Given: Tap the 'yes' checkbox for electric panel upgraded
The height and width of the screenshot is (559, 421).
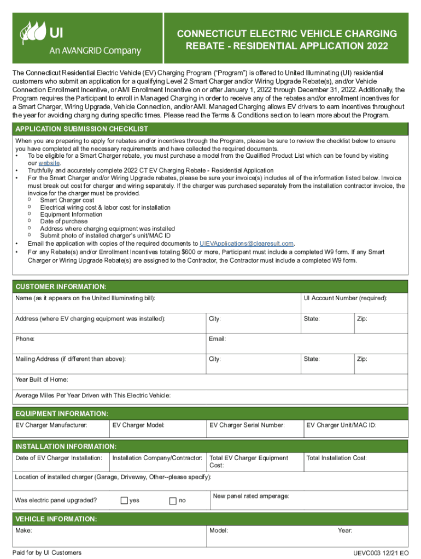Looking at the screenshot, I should pyautogui.click(x=124, y=501).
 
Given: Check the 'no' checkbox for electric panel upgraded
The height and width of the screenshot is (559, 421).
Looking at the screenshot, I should pyautogui.click(x=173, y=501).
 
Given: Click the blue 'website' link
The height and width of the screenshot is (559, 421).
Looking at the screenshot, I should pyautogui.click(x=49, y=163).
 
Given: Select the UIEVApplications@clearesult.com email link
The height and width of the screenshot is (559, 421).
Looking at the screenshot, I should pyautogui.click(x=247, y=243).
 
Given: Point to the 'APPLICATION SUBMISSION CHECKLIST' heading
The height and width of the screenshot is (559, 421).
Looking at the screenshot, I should pyautogui.click(x=82, y=129).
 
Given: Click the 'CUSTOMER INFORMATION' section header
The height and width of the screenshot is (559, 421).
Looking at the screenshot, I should pyautogui.click(x=61, y=287).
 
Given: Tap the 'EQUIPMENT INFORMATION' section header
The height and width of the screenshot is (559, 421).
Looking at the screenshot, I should pyautogui.click(x=62, y=414).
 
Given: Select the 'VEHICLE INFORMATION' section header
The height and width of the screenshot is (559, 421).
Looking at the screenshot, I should pyautogui.click(x=56, y=519).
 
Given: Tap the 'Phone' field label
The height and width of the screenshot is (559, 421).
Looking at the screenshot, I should pyautogui.click(x=25, y=339).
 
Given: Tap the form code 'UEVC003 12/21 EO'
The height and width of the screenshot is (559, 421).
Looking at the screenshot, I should pyautogui.click(x=381, y=554).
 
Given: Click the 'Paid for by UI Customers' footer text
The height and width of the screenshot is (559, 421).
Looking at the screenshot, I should pyautogui.click(x=49, y=552).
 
